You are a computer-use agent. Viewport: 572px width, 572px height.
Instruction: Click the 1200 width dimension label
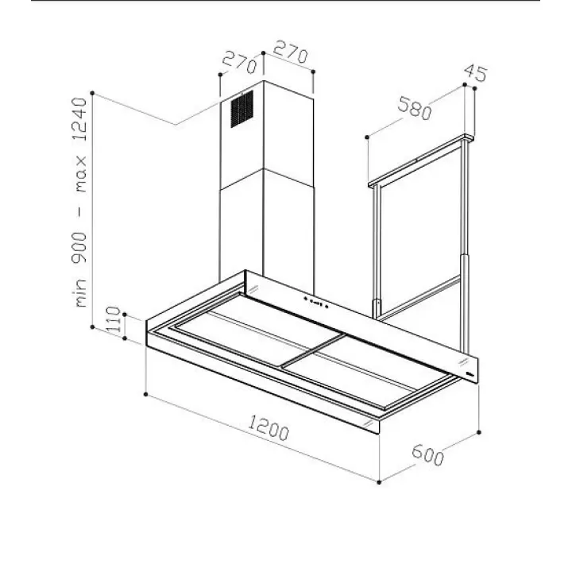click(269, 428)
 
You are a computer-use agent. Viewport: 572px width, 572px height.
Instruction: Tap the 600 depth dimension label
click(428, 454)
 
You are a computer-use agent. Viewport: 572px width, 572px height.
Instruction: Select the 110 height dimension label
click(114, 319)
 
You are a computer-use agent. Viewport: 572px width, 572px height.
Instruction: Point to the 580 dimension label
click(415, 108)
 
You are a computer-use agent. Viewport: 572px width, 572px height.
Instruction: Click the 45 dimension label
click(475, 73)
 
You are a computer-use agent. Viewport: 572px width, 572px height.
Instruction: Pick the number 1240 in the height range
click(80, 119)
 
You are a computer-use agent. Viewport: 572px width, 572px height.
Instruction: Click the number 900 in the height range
click(79, 248)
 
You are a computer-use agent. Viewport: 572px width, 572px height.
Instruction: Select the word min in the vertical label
click(80, 292)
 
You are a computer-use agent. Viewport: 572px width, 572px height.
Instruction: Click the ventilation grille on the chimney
click(242, 109)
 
